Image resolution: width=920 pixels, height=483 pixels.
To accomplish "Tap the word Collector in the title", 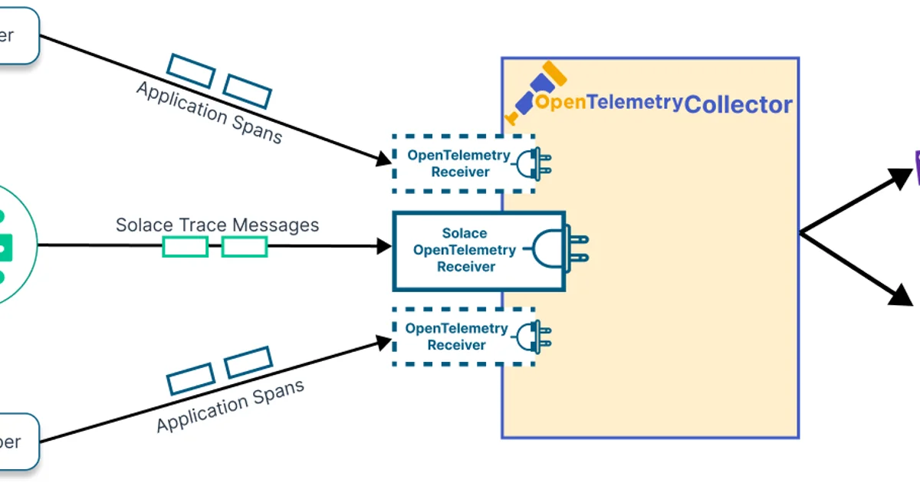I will (738, 104).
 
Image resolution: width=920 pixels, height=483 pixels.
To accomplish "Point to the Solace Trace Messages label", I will (217, 225).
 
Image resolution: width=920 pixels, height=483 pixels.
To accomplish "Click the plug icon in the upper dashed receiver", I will (534, 163).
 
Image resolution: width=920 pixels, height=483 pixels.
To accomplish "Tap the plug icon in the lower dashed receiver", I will (534, 337).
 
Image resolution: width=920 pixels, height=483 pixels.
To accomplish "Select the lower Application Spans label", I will (230, 406).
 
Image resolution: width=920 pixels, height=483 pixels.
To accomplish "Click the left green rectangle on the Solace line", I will (185, 247).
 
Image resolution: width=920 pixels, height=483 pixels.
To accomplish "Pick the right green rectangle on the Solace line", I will (245, 247).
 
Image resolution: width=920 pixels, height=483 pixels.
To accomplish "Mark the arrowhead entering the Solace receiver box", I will (384, 247).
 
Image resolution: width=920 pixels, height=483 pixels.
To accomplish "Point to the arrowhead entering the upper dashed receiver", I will (383, 159).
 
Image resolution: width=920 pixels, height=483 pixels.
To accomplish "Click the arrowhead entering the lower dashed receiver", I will (383, 342).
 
